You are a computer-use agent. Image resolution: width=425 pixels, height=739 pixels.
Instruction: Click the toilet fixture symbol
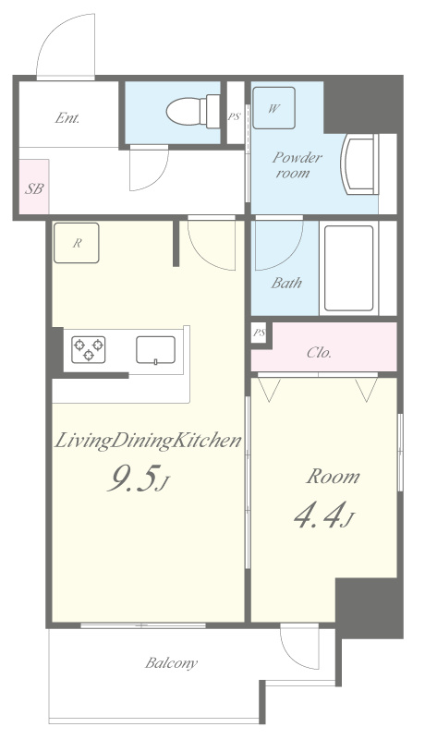(193, 112)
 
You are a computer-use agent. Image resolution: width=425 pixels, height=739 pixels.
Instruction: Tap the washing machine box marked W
(273, 108)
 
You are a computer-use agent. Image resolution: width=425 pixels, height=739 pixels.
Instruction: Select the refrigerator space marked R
(77, 243)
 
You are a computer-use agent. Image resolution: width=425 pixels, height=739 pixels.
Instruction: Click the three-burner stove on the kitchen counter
(88, 350)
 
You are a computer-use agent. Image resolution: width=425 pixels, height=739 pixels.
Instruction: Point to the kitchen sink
(155, 350)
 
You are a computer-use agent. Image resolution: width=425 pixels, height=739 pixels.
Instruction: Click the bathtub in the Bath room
(348, 268)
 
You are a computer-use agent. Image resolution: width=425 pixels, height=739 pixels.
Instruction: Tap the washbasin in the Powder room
(360, 164)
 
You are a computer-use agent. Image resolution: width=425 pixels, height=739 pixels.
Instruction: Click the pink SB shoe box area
(34, 187)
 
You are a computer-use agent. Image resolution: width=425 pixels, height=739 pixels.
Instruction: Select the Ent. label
(67, 118)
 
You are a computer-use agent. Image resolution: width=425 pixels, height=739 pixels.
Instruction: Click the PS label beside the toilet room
(234, 116)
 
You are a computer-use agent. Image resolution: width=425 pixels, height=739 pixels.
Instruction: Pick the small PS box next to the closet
(259, 334)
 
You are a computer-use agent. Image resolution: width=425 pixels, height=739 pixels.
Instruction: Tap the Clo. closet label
(319, 353)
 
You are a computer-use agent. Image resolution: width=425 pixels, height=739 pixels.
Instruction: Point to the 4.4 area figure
(323, 515)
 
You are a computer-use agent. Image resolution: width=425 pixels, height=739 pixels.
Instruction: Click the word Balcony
(171, 663)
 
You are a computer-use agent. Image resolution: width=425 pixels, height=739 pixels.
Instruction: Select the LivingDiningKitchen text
(148, 442)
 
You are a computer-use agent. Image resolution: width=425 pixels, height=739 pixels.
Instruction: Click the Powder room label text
(296, 164)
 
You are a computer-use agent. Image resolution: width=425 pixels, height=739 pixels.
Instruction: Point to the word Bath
(286, 283)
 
